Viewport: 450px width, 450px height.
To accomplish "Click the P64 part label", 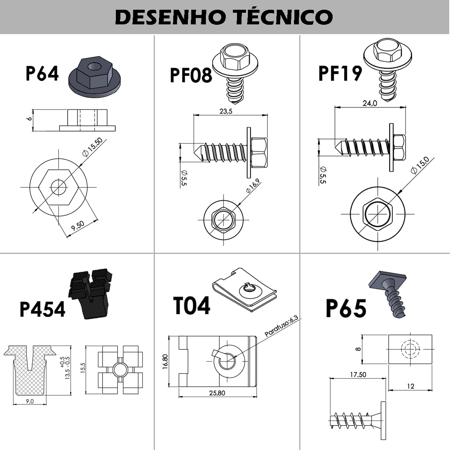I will click(42, 73).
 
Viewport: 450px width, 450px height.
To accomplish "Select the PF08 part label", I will click(190, 75).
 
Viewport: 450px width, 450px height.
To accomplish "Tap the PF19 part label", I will click(340, 73).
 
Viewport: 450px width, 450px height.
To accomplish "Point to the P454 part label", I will click(42, 310).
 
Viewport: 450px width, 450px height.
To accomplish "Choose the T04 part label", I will click(192, 306).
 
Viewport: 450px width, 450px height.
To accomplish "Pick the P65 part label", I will click(346, 309).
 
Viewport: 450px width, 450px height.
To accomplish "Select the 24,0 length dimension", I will click(369, 103).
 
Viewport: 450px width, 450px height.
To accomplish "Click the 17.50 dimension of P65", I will click(358, 375).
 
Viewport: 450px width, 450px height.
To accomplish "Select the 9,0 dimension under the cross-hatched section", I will click(30, 401).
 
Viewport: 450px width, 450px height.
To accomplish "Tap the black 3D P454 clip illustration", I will click(90, 292).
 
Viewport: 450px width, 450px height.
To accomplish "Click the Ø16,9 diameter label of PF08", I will click(253, 186).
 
